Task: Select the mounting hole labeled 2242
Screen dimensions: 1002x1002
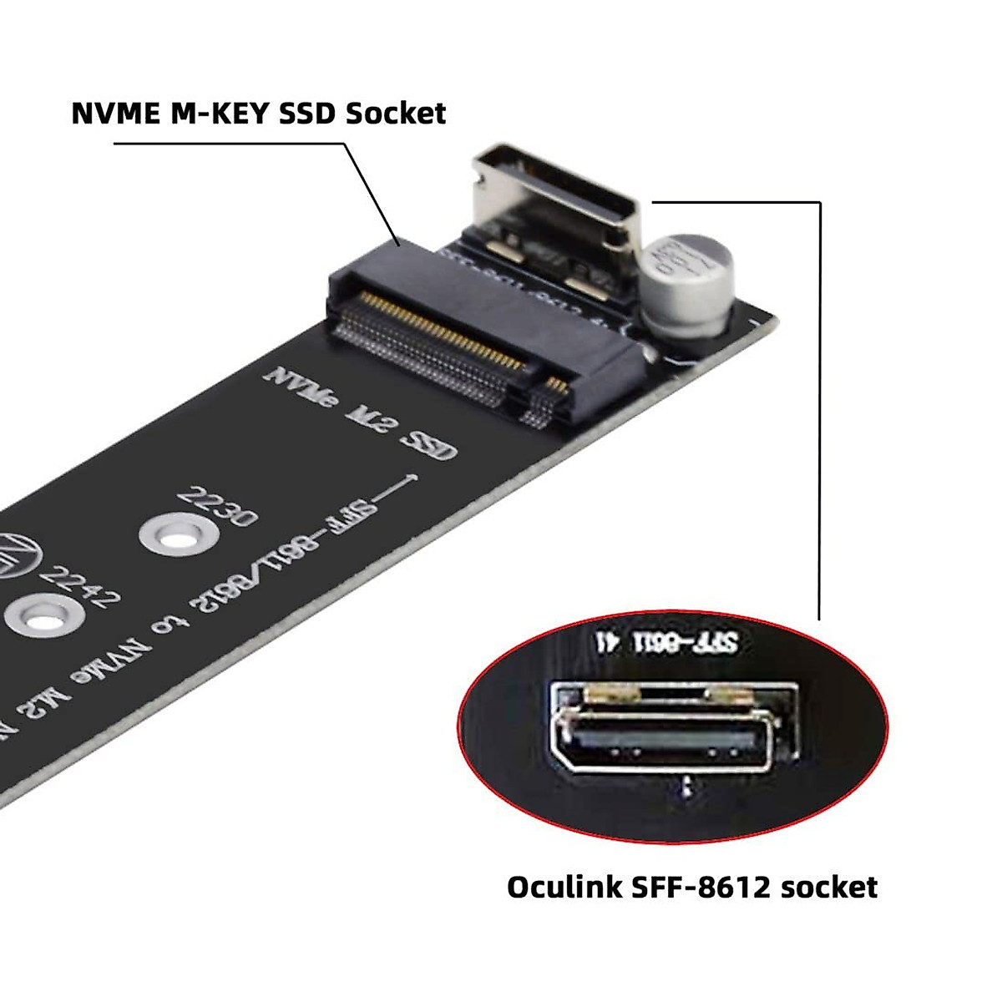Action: tap(42, 616)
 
